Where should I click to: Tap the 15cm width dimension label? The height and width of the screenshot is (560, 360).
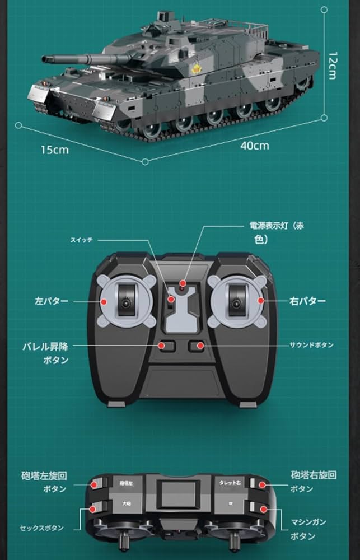tap(54, 150)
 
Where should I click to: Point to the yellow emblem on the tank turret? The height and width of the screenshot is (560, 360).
tap(197, 69)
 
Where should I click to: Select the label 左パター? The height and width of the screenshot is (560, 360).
tap(52, 301)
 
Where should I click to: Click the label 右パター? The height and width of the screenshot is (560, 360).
tap(307, 301)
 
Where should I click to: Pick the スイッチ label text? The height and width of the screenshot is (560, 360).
tap(81, 240)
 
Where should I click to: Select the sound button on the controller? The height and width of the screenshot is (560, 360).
tap(196, 346)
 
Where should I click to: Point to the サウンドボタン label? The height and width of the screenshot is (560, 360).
tap(311, 345)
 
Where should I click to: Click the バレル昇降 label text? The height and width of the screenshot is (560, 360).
tap(46, 346)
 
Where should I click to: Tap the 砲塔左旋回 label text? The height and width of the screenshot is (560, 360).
tap(44, 476)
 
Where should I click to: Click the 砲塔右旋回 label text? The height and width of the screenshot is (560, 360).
tap(314, 475)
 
